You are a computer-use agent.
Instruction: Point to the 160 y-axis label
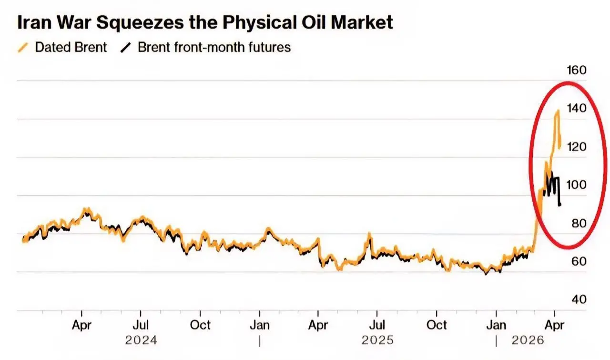(x=577, y=71)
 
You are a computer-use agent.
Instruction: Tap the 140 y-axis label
(x=577, y=109)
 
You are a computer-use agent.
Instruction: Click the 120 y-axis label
(x=577, y=147)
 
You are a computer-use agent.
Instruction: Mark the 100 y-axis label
(x=577, y=185)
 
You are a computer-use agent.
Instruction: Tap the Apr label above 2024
(x=81, y=325)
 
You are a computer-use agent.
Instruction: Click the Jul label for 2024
(x=141, y=325)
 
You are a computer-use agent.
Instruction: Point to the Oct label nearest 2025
(x=437, y=325)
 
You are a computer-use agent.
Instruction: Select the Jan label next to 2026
(x=496, y=325)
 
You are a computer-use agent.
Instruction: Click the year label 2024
(x=141, y=341)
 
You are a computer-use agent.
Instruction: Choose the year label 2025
(x=377, y=341)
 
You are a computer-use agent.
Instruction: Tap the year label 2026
(x=528, y=341)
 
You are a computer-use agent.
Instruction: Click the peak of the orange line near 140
(x=557, y=111)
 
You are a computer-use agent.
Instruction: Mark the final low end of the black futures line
(x=560, y=205)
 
